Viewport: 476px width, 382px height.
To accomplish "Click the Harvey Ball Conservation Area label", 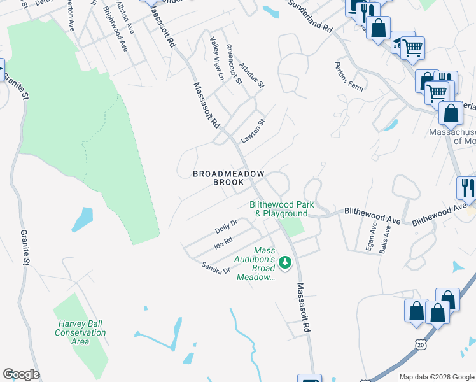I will tap(80, 332).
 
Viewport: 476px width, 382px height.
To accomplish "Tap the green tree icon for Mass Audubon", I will tap(286, 262).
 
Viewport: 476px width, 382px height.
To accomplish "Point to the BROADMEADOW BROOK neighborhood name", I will tap(219, 178).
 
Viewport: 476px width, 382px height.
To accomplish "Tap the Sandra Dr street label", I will tap(215, 268).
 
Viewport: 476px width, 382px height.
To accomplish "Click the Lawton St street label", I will tap(252, 131).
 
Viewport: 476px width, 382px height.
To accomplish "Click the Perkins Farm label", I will tap(349, 77).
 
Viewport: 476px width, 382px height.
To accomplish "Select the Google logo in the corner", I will tap(21, 374).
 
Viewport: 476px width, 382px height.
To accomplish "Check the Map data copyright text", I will tap(437, 377).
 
